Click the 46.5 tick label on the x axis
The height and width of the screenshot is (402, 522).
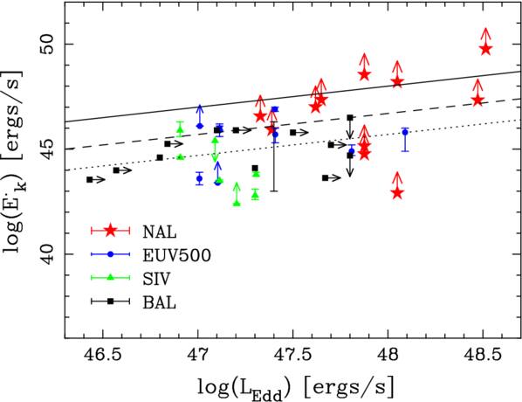tap(102, 357)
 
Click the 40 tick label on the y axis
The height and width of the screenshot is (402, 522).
tap(44, 254)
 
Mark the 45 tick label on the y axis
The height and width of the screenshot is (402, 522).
tap(44, 149)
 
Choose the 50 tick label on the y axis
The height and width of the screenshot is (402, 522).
tap(44, 44)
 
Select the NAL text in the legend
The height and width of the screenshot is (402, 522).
tap(163, 232)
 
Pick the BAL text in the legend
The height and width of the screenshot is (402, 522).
tap(162, 305)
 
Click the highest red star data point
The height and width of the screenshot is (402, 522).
tap(485, 49)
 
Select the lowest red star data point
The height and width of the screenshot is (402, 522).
tap(397, 192)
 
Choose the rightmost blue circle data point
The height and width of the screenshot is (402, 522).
tap(405, 132)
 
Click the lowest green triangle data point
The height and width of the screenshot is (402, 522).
tap(237, 203)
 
